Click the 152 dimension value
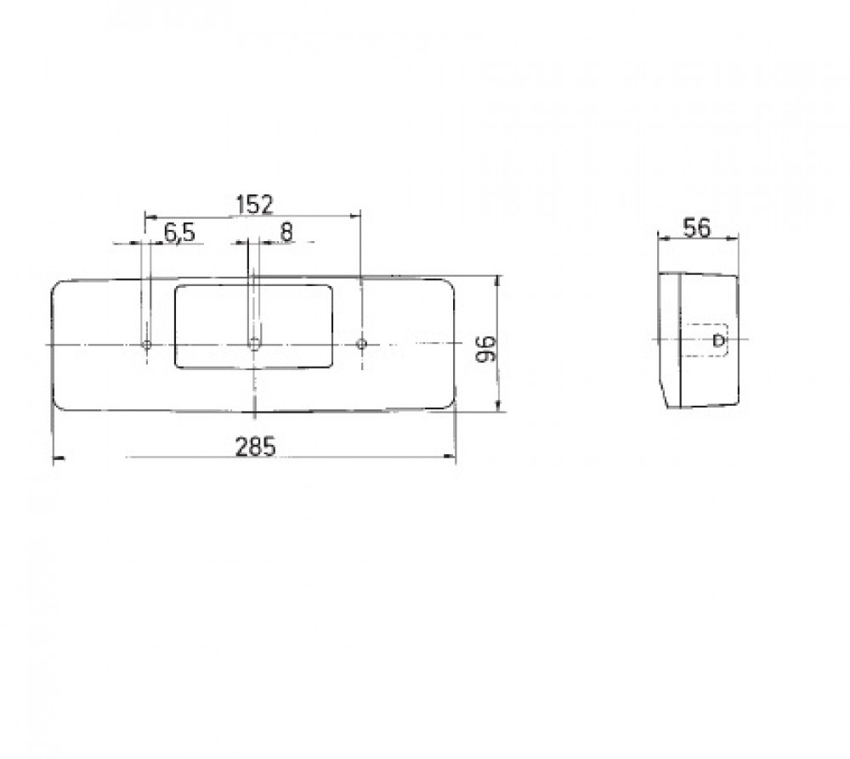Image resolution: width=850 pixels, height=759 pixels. (x=253, y=204)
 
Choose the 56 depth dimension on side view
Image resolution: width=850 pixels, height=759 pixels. (x=697, y=228)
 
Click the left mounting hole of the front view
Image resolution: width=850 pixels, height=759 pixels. (x=146, y=344)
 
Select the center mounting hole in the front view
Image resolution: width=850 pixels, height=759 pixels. (x=254, y=344)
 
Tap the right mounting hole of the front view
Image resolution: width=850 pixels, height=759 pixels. (x=362, y=344)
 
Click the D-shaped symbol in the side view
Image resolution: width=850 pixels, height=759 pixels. (x=719, y=341)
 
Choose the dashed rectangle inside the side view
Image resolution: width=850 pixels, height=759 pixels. (x=708, y=341)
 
